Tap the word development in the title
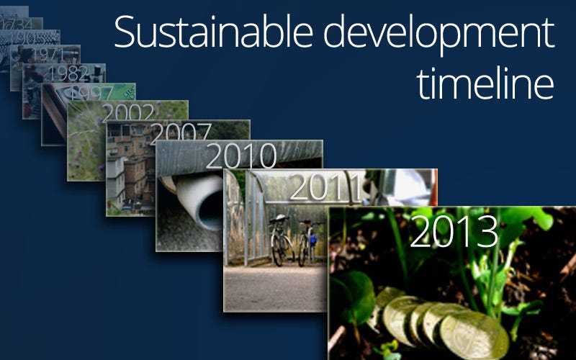tap(430, 35)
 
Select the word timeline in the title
tap(485, 84)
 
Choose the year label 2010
tap(241, 156)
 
